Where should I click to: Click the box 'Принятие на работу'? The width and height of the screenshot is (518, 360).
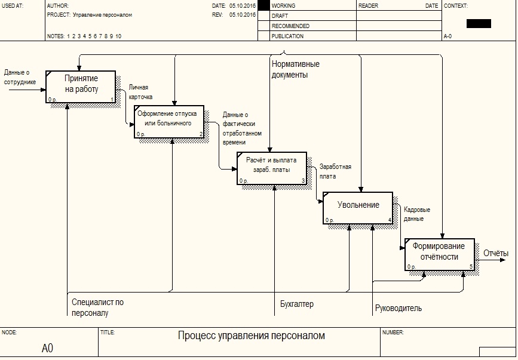point(81,86)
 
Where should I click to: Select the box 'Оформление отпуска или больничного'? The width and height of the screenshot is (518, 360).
point(168,121)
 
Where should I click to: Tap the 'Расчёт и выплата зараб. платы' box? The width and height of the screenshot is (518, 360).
point(271,168)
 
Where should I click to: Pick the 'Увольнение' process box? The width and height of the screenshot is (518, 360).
point(358,207)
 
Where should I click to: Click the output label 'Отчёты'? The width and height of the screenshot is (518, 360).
point(496,254)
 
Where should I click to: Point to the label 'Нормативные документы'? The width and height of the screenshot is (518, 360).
point(295,69)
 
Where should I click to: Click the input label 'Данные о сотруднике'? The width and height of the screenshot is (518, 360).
point(20,77)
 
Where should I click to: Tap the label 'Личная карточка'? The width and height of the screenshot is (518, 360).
point(140,92)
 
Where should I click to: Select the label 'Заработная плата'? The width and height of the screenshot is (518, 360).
point(335,171)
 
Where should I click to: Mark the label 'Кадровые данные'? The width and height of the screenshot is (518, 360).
point(416,214)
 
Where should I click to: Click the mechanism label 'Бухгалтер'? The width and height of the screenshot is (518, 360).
point(297,304)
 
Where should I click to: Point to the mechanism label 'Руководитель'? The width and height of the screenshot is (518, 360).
point(398,309)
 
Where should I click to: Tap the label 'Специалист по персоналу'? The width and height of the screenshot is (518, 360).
point(97,307)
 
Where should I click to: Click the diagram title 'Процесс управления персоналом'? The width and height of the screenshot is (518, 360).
point(252,336)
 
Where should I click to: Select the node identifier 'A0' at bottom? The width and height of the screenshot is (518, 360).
point(47,348)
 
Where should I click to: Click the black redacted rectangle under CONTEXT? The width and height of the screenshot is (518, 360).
point(479,24)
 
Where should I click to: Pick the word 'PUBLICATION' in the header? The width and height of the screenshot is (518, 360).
point(287,36)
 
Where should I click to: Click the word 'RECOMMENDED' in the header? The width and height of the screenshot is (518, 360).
point(290,26)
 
